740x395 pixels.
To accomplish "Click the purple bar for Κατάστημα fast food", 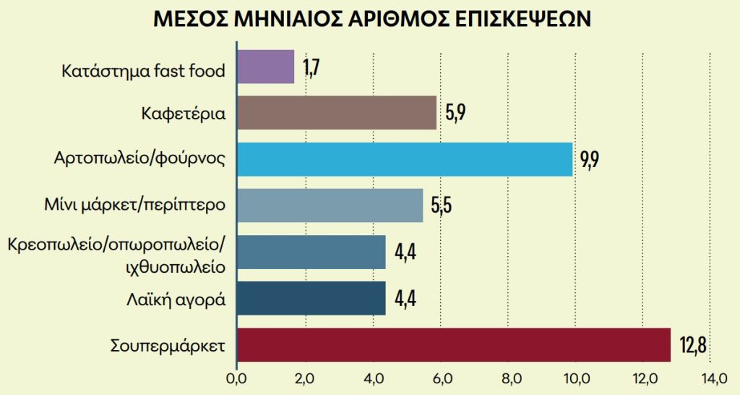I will click(x=265, y=67).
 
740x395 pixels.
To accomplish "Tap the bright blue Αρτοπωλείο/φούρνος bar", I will click(x=405, y=160).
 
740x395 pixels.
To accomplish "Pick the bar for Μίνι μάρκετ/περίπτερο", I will click(x=330, y=205).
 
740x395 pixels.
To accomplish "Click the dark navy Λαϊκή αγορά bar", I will click(x=311, y=298).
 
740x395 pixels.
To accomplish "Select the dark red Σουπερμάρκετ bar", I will click(x=454, y=344).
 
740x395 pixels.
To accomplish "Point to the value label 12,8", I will click(x=692, y=345).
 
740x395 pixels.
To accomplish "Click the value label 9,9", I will click(x=590, y=160).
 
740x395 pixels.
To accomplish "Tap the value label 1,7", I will click(x=311, y=68).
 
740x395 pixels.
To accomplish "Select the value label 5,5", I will click(x=441, y=206).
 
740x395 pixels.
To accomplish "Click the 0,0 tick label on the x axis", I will click(x=236, y=378).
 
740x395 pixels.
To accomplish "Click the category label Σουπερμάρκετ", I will click(x=168, y=345).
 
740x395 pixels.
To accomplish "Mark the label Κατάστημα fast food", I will click(x=144, y=71).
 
